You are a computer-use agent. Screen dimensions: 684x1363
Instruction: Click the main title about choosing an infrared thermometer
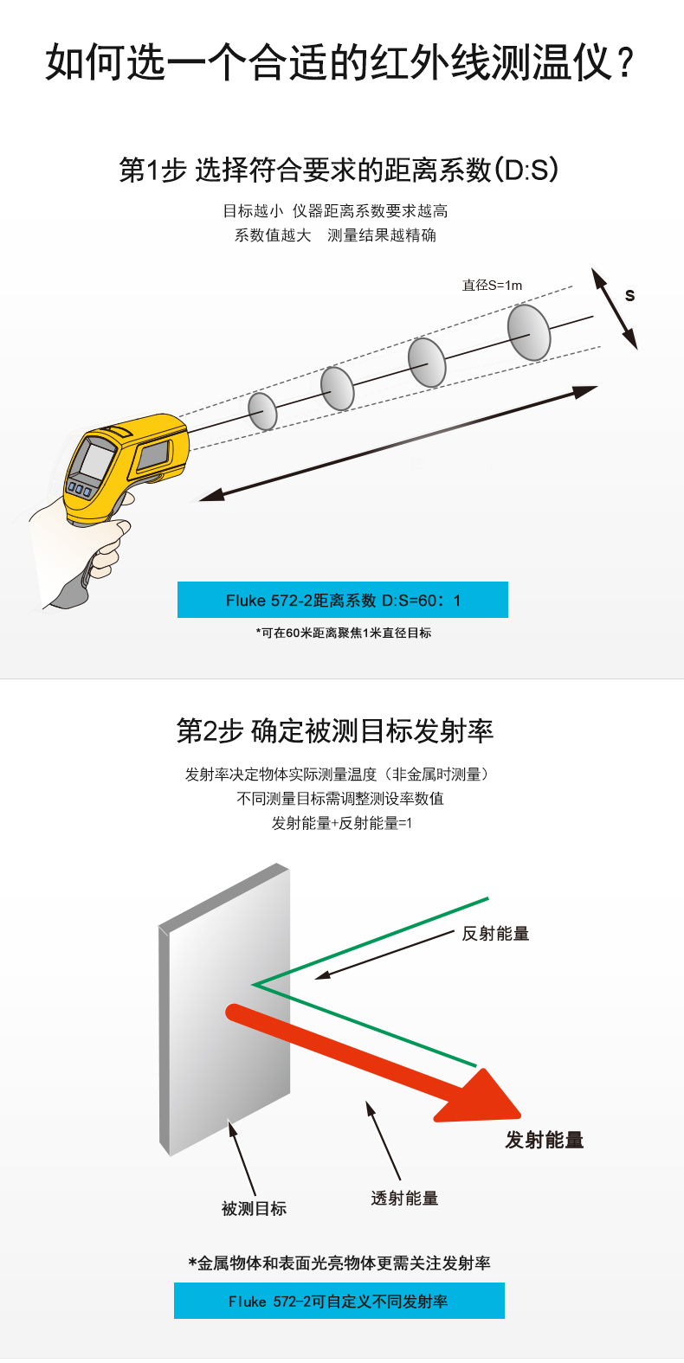click(340, 62)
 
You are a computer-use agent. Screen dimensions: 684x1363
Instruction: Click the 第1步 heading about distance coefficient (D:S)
click(339, 170)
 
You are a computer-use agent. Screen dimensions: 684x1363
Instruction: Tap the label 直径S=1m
click(492, 286)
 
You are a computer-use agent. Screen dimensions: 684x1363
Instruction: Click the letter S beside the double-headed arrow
click(629, 295)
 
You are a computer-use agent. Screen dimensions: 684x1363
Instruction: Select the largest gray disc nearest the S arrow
click(529, 332)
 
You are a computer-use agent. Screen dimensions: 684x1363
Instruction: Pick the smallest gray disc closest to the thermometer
click(263, 411)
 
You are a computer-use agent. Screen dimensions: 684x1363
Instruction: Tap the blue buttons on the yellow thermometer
click(80, 489)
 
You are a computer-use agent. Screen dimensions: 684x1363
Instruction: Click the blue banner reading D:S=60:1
click(343, 600)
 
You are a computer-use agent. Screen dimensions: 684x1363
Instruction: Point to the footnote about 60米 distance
click(343, 633)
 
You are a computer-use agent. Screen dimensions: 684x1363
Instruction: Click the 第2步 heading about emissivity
click(335, 730)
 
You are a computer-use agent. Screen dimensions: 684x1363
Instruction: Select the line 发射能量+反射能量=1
click(341, 823)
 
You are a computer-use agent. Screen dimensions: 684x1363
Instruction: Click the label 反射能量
click(495, 934)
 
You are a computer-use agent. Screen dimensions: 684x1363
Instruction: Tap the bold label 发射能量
click(544, 1140)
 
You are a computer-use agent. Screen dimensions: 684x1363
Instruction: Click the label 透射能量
click(404, 1198)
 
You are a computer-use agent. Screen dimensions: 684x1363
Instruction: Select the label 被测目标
click(254, 1208)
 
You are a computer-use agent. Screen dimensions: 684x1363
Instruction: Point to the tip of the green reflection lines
click(254, 984)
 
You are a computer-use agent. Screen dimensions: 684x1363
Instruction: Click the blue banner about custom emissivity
click(339, 1301)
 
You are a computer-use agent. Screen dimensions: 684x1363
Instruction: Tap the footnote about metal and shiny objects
click(339, 1263)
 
